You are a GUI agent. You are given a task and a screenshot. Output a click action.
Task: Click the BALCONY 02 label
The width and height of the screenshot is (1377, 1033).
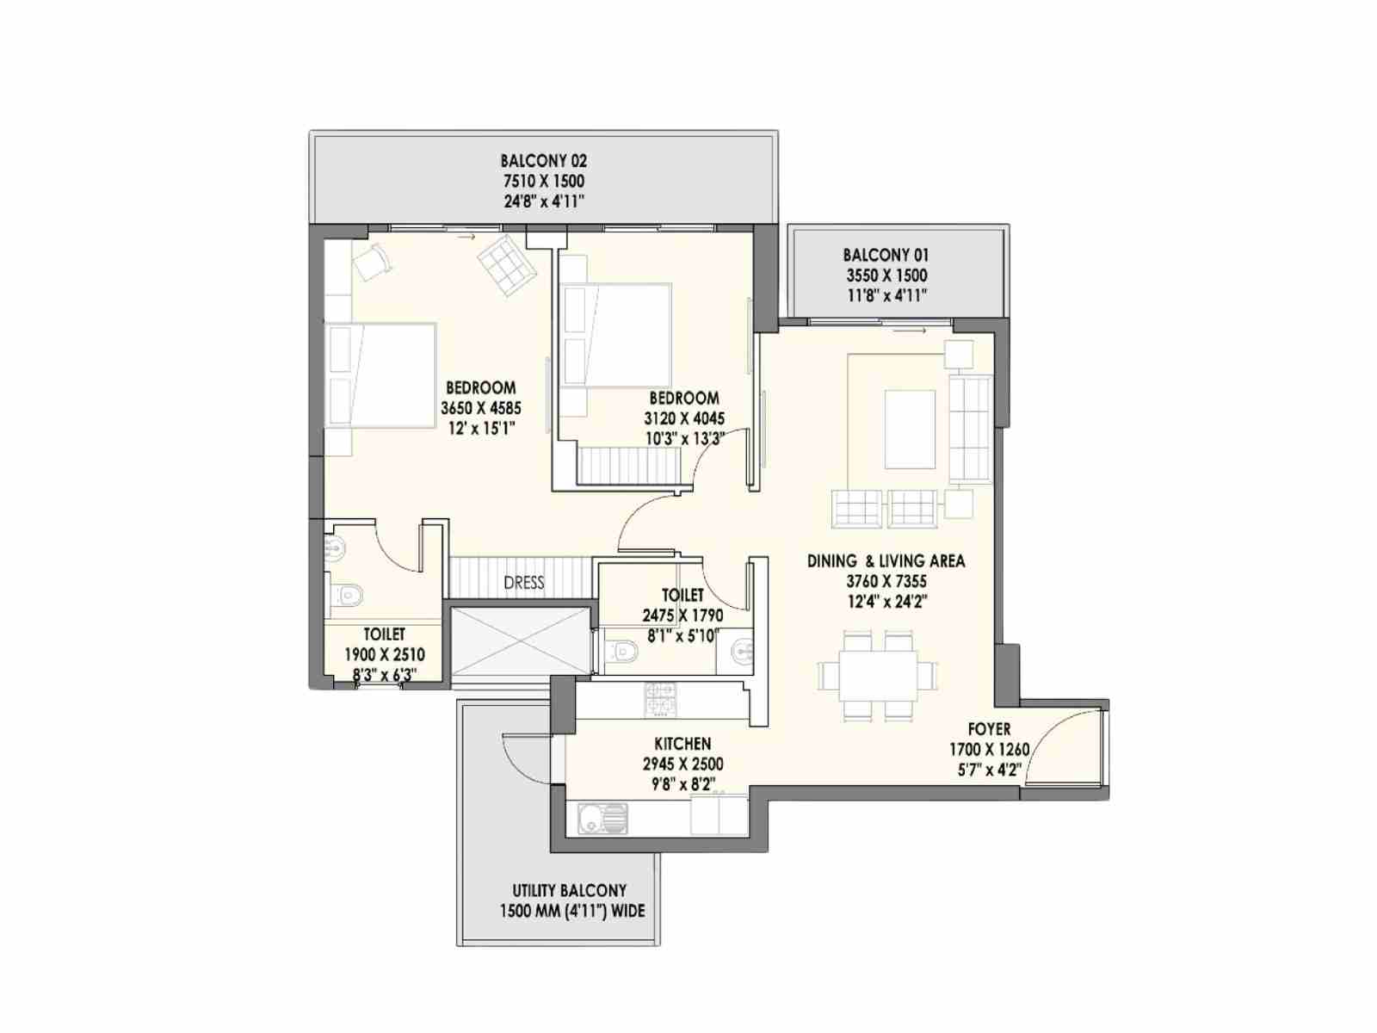click(x=543, y=161)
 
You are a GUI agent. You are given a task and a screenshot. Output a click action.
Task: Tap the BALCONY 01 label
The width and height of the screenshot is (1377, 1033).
click(x=886, y=256)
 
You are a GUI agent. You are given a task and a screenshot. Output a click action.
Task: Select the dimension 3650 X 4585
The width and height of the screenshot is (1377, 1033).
click(x=480, y=408)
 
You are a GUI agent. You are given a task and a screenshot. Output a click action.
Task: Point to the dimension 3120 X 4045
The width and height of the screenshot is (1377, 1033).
click(x=684, y=418)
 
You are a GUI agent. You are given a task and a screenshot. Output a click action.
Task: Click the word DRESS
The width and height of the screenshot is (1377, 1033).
click(x=523, y=583)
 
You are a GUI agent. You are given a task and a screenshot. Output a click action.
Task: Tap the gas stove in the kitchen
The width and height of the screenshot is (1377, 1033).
click(x=660, y=698)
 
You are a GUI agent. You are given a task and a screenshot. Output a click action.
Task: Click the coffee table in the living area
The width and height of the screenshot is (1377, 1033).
click(x=910, y=429)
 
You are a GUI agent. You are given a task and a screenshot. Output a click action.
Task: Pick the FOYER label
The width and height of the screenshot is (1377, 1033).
click(x=989, y=729)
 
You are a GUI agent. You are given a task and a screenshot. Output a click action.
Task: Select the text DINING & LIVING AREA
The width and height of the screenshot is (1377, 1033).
click(x=886, y=561)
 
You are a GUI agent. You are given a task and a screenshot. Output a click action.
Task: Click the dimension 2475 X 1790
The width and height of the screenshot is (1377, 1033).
click(x=682, y=616)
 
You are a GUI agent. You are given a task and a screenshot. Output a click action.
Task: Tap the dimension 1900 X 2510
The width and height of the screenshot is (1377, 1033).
click(x=384, y=655)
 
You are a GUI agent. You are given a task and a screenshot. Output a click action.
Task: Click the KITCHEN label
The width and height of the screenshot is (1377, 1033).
click(x=682, y=744)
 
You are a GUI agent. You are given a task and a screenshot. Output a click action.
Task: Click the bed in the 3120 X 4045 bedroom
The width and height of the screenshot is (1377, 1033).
click(x=618, y=335)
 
